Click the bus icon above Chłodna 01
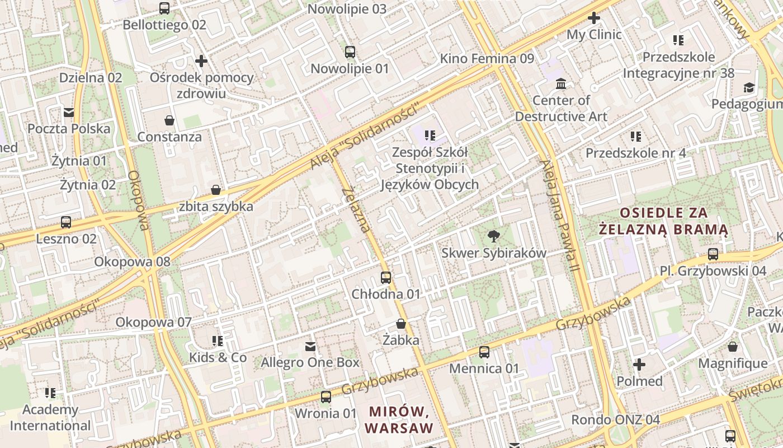pos(386,277)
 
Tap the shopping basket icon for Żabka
pos(401,324)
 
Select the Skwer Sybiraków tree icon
pos(493,236)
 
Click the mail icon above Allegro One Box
pos(310,347)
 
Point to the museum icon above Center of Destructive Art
pos(561,84)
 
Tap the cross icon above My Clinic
pos(594,18)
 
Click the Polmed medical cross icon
pos(639,365)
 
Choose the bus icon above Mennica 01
pos(484,352)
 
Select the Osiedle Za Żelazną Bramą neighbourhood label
pos(664,221)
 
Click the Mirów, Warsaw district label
pos(399,420)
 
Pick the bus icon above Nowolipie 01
pos(350,52)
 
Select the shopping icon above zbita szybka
pos(216,190)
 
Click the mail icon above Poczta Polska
pos(69,113)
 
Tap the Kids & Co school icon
pos(218,341)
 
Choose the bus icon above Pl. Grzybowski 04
pos(713,254)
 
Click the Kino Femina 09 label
pos(487,59)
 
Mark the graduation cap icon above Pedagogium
pos(749,88)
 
